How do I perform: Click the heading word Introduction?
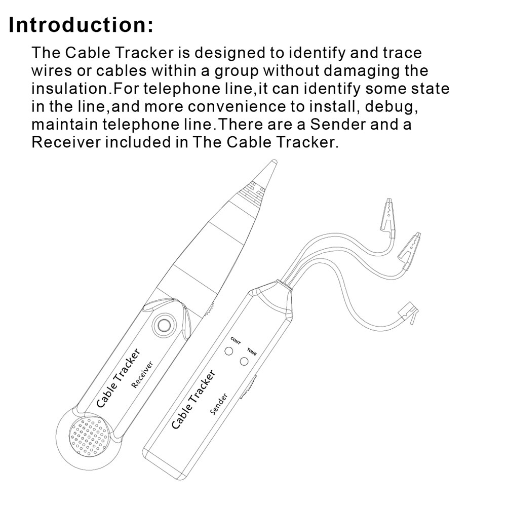point(81,24)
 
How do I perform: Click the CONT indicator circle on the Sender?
point(229,352)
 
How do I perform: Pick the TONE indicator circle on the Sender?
point(245,361)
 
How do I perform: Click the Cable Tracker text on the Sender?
point(193,400)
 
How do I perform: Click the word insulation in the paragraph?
point(70,89)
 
